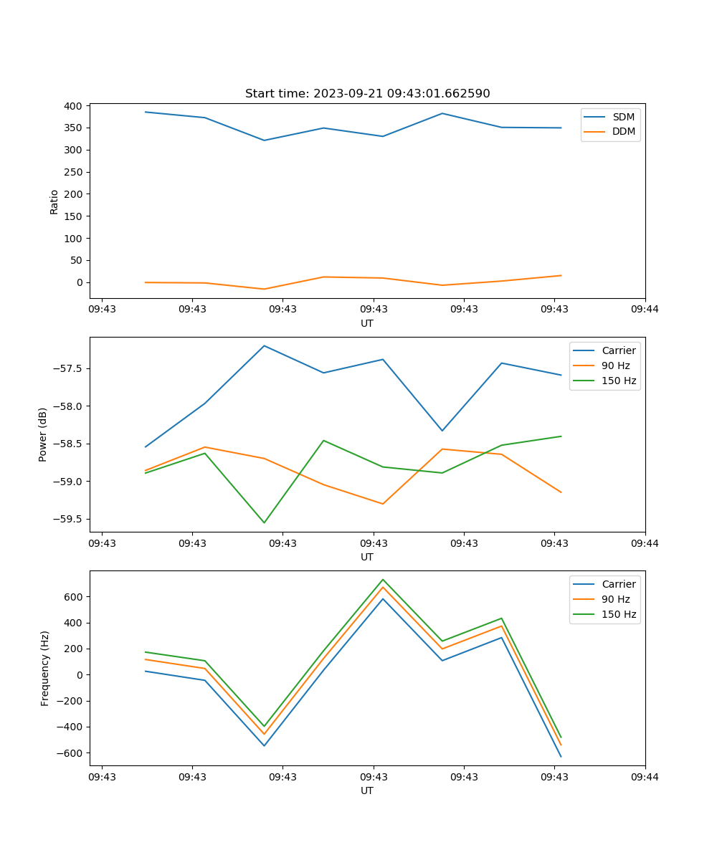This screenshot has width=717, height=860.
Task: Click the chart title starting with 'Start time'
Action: (367, 94)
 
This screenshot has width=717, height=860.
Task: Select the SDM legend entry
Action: (623, 117)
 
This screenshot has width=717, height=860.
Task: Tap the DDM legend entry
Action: (623, 132)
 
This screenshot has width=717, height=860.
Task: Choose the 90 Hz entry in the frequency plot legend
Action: (616, 599)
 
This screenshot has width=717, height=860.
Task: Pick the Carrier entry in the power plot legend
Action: (618, 350)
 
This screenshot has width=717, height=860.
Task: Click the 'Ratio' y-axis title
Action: (54, 201)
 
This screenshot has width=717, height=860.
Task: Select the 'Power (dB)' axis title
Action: (44, 434)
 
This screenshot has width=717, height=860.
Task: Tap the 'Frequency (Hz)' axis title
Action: (45, 668)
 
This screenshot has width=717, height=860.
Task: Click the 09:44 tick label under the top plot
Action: (645, 310)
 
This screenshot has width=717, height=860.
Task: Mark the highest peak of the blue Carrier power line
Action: (264, 345)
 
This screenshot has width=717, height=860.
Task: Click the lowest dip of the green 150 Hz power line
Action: (264, 522)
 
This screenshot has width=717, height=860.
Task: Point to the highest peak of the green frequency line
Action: (383, 579)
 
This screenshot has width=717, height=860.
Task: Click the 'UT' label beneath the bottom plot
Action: (367, 790)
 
